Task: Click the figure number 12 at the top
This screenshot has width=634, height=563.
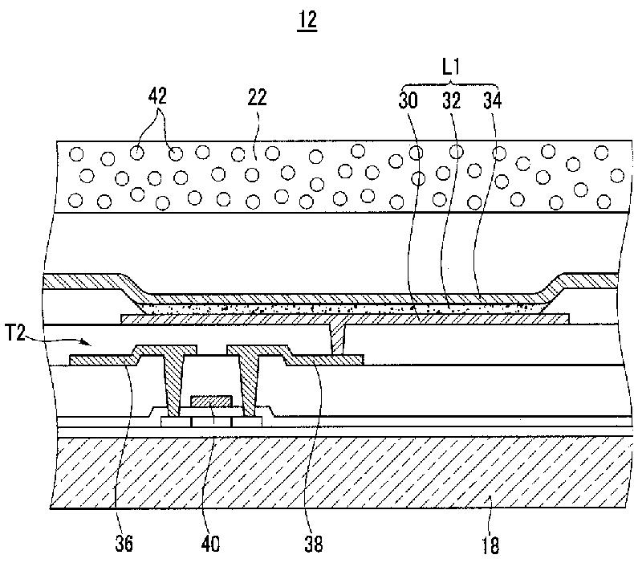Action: point(307,22)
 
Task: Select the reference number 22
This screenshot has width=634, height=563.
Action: point(256,99)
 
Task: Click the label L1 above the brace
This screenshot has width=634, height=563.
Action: point(452,71)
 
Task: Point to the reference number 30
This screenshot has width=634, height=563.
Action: point(408,101)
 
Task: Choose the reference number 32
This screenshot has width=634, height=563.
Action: point(452,101)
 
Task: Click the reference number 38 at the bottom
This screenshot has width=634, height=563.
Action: point(313,545)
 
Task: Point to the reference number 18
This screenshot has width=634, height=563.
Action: point(490,546)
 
